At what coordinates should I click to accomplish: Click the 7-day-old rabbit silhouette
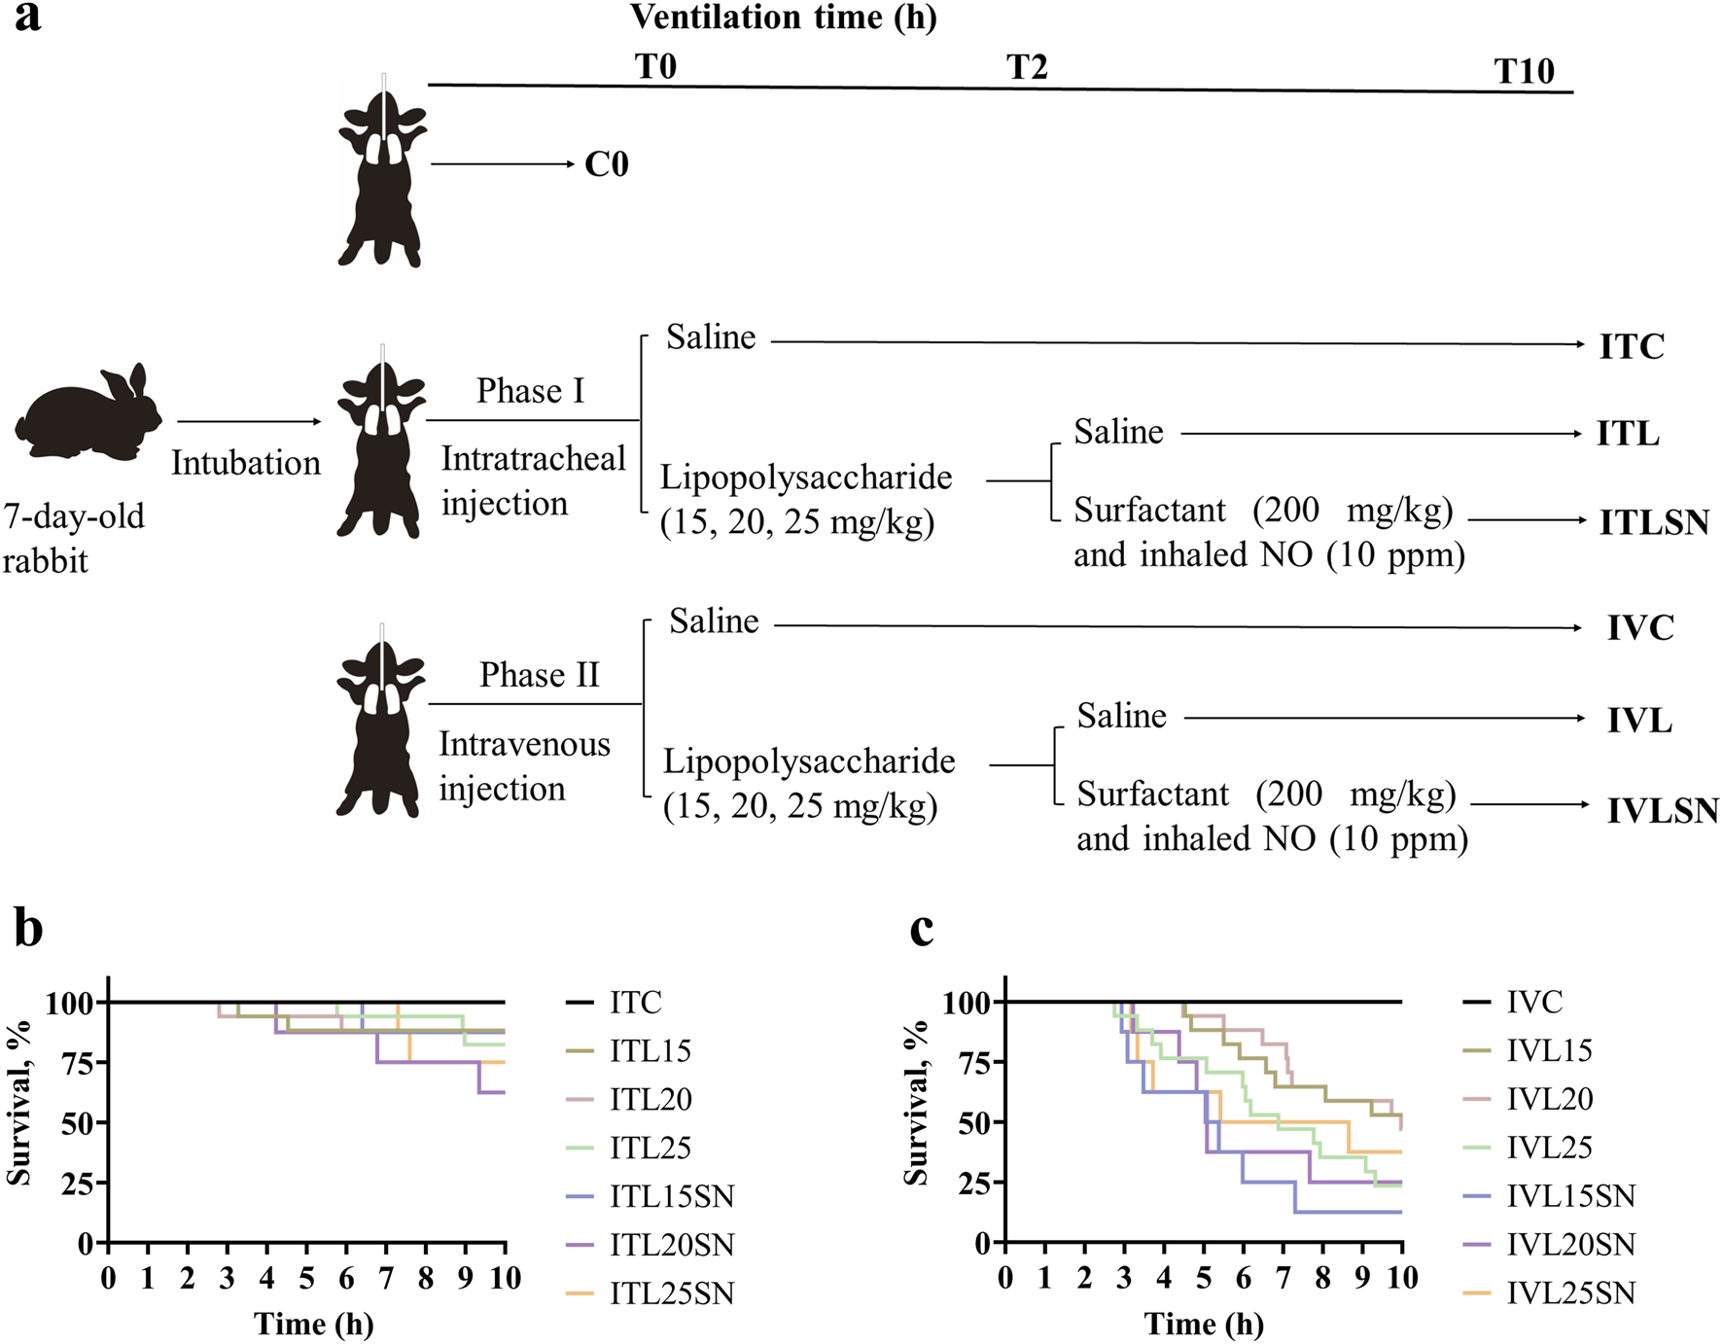88,412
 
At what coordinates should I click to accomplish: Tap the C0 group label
607,164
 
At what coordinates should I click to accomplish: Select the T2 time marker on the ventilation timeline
1027,67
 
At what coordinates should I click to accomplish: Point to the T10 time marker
1524,71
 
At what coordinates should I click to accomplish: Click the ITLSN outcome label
1654,522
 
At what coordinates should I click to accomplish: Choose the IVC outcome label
1640,628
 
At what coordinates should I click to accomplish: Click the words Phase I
530,391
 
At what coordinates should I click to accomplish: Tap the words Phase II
539,675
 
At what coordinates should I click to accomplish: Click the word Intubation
246,463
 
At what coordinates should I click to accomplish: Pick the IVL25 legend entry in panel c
1549,1148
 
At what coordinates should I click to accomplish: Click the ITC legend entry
635,1003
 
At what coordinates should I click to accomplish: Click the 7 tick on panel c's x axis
1283,1278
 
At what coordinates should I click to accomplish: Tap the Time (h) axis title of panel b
314,1324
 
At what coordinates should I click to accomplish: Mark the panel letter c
921,929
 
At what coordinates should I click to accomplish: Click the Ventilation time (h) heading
783,18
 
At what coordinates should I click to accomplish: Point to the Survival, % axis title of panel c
916,1103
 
